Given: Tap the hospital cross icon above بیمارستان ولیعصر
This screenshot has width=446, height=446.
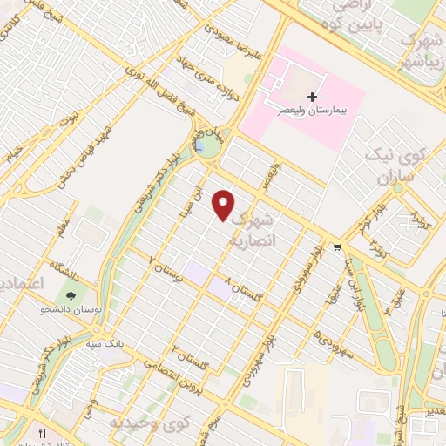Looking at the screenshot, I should [x=312, y=97].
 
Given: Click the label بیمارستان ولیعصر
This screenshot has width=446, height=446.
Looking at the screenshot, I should [x=312, y=111].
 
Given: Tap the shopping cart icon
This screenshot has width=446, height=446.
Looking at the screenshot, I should [x=337, y=247].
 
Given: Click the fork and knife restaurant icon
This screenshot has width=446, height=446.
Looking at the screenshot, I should [x=41, y=433].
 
